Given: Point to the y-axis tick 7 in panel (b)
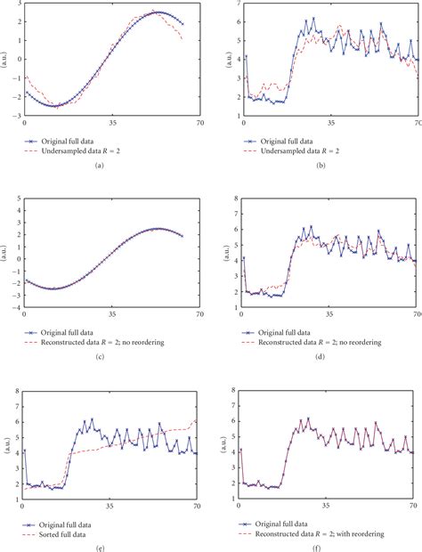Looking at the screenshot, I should click(x=234, y=4).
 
